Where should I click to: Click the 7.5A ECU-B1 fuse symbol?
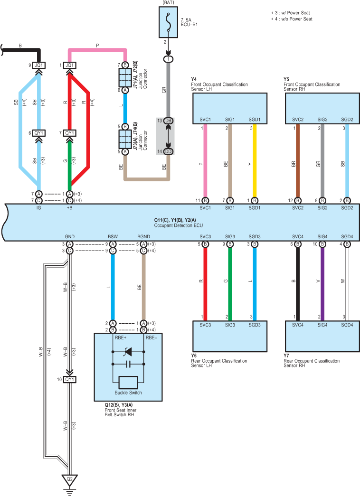(x=168, y=22)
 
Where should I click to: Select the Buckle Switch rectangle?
(x=128, y=383)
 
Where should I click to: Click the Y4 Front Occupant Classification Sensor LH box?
(x=230, y=108)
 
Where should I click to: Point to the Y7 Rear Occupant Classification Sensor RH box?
(x=322, y=336)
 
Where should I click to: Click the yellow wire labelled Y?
(x=255, y=161)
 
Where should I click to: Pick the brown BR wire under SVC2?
(x=298, y=161)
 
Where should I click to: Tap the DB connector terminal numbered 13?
(x=168, y=121)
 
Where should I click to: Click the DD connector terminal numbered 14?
(x=168, y=151)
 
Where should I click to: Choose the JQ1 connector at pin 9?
(x=38, y=65)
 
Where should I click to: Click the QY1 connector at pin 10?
(x=70, y=379)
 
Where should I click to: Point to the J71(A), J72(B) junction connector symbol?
(x=125, y=77)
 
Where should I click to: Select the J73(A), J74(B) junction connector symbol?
(x=125, y=139)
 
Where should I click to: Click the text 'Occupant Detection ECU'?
(x=178, y=225)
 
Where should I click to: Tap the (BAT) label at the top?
(x=168, y=2)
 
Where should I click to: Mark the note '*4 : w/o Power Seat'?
(x=292, y=19)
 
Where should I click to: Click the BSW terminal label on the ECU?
(x=113, y=237)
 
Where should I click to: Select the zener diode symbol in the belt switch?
(x=128, y=351)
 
